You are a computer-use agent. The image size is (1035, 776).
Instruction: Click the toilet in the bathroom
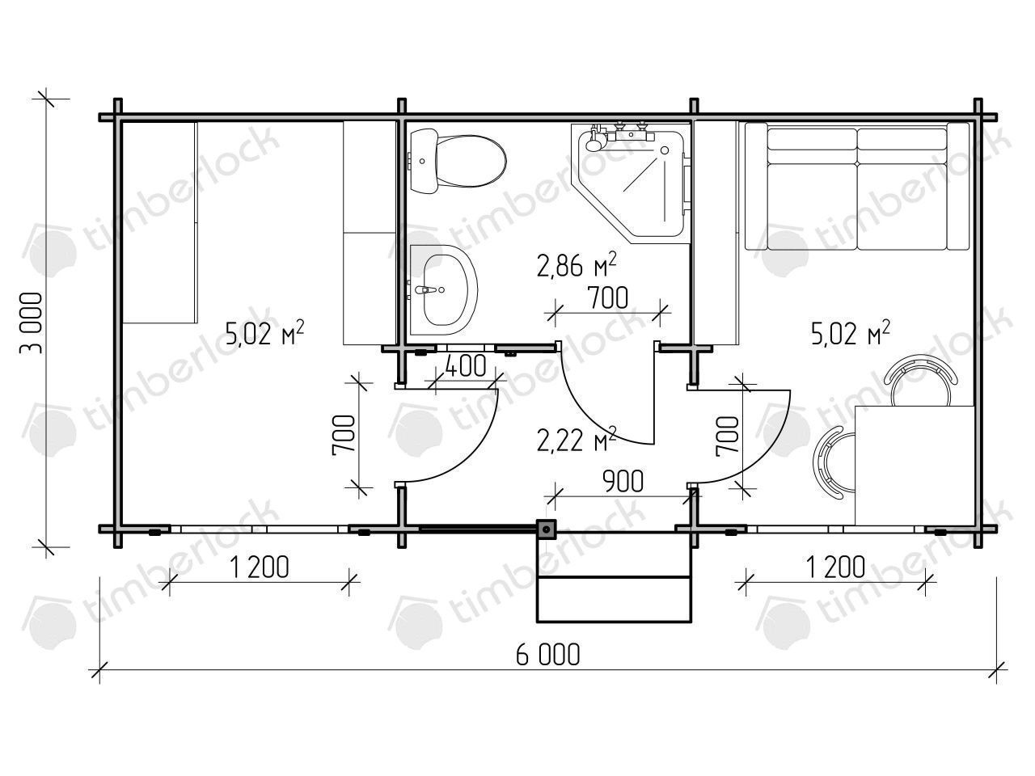(x=458, y=161)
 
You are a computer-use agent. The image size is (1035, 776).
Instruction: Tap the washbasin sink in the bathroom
(x=444, y=289)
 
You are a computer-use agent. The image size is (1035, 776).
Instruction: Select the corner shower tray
(x=631, y=183)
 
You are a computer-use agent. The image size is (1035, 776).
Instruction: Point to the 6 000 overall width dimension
(x=547, y=655)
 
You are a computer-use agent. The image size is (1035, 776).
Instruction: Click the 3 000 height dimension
(x=32, y=323)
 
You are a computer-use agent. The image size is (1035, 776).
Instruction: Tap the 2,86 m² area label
(x=577, y=266)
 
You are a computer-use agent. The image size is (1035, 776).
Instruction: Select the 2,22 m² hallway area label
(x=577, y=440)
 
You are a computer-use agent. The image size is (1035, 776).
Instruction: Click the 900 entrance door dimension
(x=623, y=482)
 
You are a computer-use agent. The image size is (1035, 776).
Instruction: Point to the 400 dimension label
(x=465, y=365)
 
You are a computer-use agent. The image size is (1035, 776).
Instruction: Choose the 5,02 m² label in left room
(x=264, y=335)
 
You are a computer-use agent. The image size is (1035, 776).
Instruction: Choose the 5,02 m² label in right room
(x=850, y=335)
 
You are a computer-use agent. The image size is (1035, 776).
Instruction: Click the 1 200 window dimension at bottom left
(x=259, y=567)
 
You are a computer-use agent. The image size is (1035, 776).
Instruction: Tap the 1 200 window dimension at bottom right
(x=835, y=567)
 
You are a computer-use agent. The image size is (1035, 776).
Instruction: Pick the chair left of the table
(x=834, y=462)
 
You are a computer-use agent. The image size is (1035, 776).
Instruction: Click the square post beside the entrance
(x=546, y=529)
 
